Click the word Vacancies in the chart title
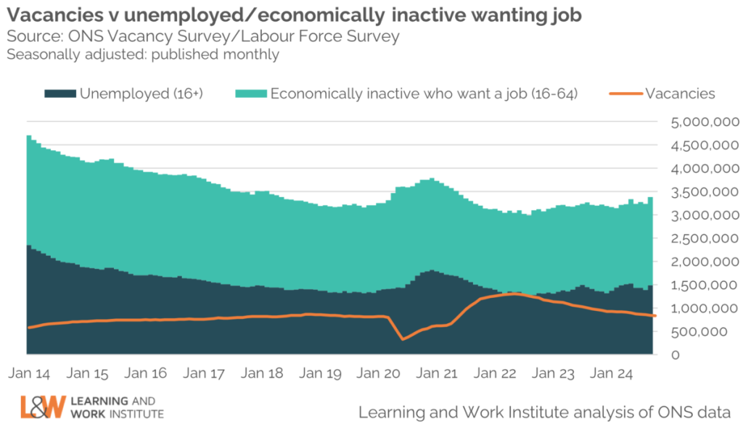coord(50,15)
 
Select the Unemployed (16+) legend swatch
coord(60,93)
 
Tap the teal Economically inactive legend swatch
coord(250,93)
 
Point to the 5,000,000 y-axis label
coord(695,122)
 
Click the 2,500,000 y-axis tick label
coord(695,238)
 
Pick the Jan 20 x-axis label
coord(379,374)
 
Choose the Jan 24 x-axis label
coord(612,374)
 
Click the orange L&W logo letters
coord(43,407)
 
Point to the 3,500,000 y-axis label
coord(695,192)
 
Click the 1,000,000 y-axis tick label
coord(695,308)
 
